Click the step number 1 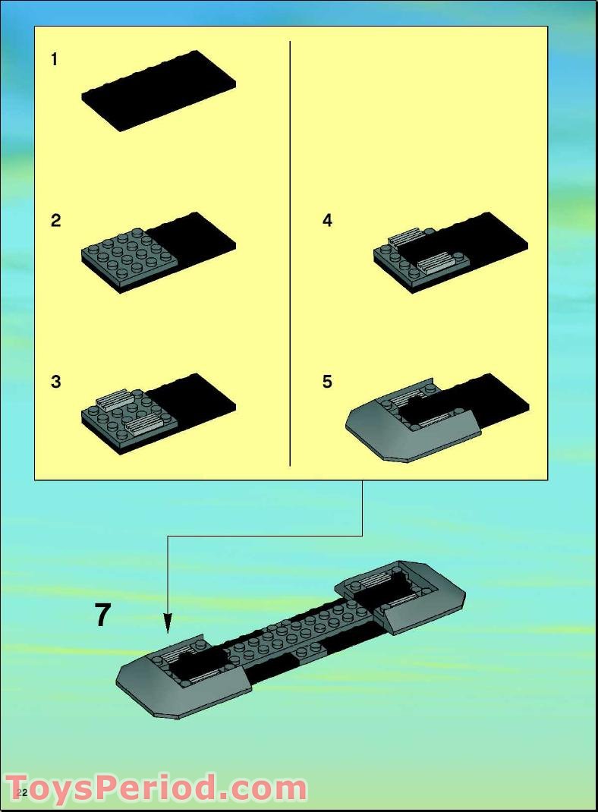(x=55, y=59)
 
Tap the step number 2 (x=55, y=221)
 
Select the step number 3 (x=55, y=382)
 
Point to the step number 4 (x=327, y=221)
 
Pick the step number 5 (x=327, y=382)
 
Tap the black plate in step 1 (x=159, y=91)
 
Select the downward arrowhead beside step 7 (x=167, y=624)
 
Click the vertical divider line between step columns (x=290, y=253)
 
